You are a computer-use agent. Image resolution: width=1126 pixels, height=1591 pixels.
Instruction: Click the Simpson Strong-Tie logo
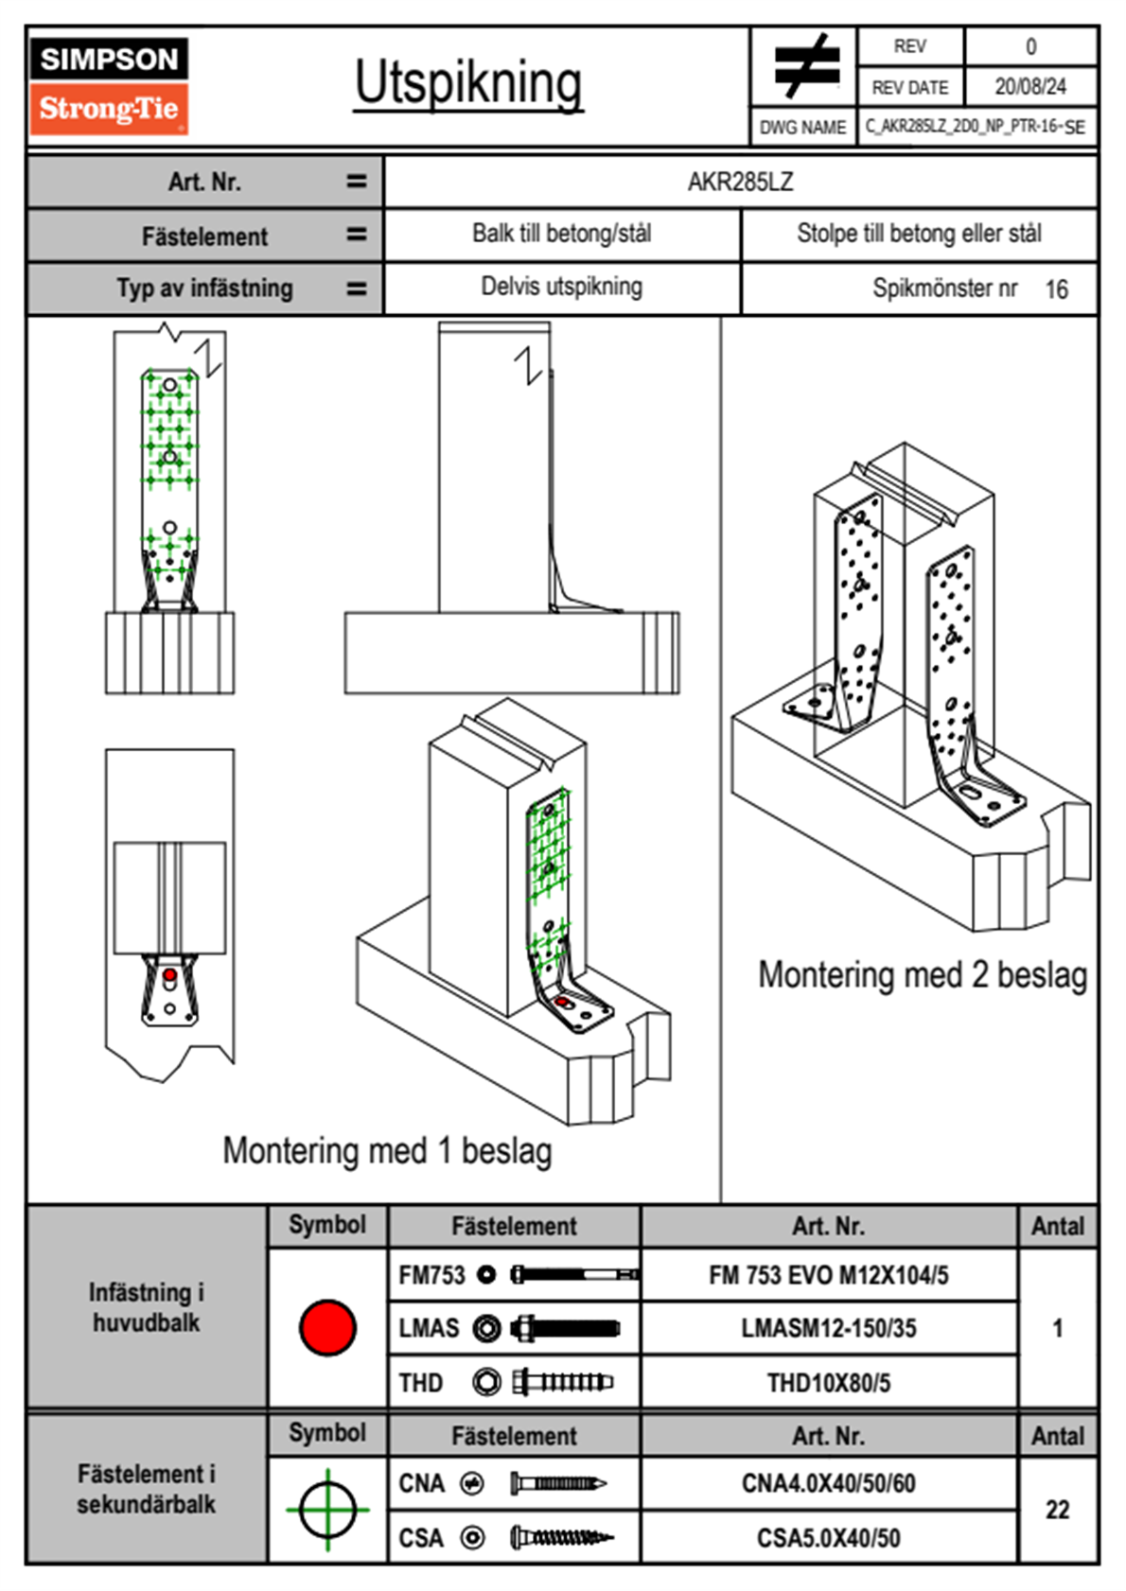[x=109, y=85]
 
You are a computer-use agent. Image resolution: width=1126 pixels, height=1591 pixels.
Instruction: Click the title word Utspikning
[x=468, y=83]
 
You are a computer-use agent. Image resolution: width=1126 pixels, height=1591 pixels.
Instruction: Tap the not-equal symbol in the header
[x=805, y=66]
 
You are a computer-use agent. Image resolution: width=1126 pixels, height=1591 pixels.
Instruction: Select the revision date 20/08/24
[x=1029, y=87]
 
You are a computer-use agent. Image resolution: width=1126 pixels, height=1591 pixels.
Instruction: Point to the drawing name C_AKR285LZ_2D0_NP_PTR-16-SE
[x=975, y=127]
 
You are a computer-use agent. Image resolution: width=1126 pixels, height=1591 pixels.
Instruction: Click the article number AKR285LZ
[x=740, y=182]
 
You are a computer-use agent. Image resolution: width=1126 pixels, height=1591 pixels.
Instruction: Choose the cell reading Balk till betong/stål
[x=562, y=234]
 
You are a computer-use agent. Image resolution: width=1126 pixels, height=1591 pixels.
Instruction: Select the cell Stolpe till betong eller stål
[x=919, y=234]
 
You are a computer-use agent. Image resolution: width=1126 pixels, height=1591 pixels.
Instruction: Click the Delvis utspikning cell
[x=562, y=287]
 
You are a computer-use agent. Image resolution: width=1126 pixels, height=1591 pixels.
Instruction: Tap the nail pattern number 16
[x=1056, y=289]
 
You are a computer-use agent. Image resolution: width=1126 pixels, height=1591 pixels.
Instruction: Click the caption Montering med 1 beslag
[x=387, y=1151]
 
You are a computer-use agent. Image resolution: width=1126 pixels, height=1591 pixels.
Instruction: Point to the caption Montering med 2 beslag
[x=923, y=974]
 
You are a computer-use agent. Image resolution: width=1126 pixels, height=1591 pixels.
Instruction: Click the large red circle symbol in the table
[x=327, y=1327]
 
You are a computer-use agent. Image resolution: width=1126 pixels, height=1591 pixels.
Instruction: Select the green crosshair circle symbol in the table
[x=327, y=1510]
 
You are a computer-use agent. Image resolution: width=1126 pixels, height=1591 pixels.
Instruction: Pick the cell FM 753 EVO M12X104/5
[x=829, y=1275]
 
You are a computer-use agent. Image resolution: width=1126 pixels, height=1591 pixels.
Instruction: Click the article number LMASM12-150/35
[x=829, y=1328]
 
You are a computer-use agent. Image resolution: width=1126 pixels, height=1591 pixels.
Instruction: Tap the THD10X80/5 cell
[x=829, y=1383]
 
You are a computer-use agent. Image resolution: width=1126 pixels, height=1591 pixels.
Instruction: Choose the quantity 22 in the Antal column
[x=1057, y=1510]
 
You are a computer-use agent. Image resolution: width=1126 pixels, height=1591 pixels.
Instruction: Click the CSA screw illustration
[x=561, y=1538]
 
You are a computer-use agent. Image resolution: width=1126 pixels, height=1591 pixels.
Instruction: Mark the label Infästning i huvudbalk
[x=147, y=1307]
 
